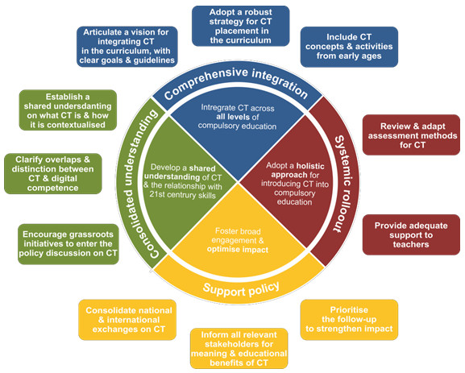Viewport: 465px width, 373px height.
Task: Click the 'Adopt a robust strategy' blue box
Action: tap(240, 26)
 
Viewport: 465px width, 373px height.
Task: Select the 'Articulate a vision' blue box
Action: tap(127, 47)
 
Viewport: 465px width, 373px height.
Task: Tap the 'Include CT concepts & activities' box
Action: tap(349, 47)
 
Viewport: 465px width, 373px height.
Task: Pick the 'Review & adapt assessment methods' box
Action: tap(411, 135)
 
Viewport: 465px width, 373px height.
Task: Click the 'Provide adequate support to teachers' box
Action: tap(411, 234)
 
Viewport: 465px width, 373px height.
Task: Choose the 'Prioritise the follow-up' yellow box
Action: tap(349, 320)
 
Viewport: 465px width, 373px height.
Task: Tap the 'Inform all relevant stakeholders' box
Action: tap(239, 348)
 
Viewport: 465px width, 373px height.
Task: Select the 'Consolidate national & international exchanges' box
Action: tap(127, 320)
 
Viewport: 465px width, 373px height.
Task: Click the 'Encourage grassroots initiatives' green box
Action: tap(69, 244)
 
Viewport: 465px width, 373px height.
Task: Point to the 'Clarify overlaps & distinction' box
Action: tap(53, 174)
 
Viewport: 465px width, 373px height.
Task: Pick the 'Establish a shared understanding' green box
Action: tap(68, 110)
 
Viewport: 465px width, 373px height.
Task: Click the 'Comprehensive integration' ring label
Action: tap(236, 82)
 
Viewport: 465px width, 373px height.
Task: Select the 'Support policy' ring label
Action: tap(241, 288)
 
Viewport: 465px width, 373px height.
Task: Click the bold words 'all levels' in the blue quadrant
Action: tap(234, 117)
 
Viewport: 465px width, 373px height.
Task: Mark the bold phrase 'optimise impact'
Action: tap(238, 250)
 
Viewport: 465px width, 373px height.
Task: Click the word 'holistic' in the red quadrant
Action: tap(310, 166)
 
